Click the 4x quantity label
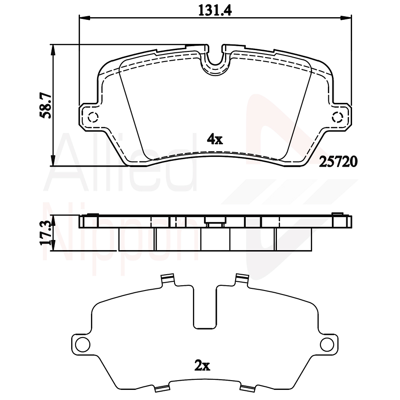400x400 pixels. tap(215, 140)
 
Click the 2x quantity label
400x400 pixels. tap(203, 365)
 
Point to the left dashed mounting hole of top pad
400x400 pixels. tap(93, 117)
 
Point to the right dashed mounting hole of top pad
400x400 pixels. tap(338, 117)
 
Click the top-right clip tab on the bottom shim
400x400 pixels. tap(242, 279)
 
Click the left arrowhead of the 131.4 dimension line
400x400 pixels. tap(82, 18)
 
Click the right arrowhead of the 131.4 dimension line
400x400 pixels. tap(348, 18)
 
